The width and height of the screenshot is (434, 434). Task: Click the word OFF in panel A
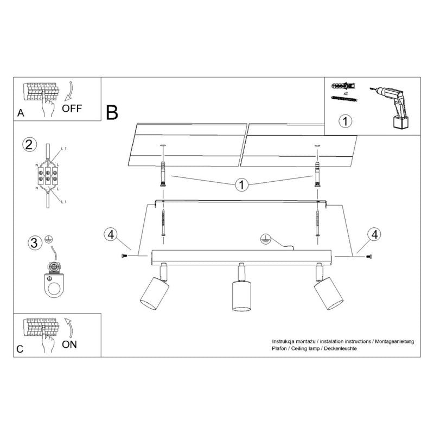point(72,107)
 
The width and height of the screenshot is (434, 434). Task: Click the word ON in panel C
point(70,344)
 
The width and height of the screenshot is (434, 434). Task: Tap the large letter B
point(112,112)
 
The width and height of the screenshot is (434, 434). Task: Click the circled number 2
point(30,145)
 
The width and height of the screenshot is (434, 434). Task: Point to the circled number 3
point(34,242)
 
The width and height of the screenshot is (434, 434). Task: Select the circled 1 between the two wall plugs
point(240,185)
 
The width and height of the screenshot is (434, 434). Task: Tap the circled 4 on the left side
point(110,234)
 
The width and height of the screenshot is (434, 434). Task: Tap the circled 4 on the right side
point(373,234)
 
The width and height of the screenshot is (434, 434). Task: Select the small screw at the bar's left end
point(126,256)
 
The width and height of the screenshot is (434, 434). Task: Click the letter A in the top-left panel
point(21,113)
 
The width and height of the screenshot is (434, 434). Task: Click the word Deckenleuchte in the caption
point(339,348)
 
